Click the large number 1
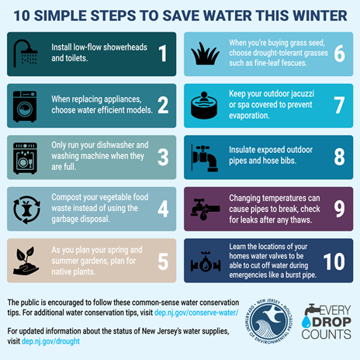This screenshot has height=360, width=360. [x=162, y=53]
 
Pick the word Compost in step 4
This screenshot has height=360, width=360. [x=71, y=199]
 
